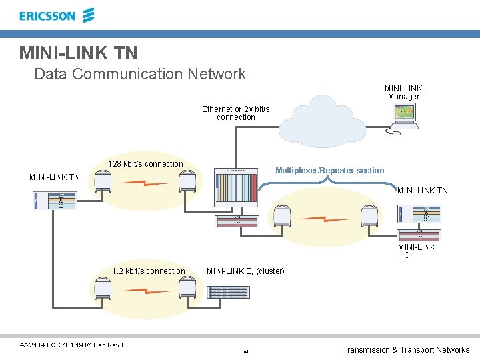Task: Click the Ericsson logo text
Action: tap(47, 16)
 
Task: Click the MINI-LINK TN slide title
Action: tap(78, 52)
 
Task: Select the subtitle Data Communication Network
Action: tap(140, 74)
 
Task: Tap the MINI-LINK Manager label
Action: tap(403, 92)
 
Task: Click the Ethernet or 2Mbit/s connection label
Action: tap(235, 113)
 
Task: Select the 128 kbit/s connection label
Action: tap(145, 164)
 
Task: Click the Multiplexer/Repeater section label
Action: tap(329, 171)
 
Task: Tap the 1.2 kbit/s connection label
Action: tap(149, 271)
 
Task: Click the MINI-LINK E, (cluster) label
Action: tap(245, 271)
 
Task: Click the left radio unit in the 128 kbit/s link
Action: tap(103, 181)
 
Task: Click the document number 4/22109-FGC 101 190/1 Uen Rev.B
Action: tap(73, 345)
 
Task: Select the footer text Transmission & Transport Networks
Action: tap(405, 350)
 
